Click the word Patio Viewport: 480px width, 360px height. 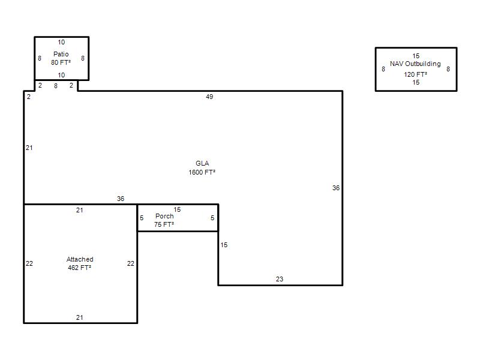(x=61, y=54)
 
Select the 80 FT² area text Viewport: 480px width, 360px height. (x=61, y=62)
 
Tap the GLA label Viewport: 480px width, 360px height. (x=202, y=163)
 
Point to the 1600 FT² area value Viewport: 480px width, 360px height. (x=202, y=172)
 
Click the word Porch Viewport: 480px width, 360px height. (x=164, y=216)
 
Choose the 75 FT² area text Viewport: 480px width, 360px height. (x=164, y=224)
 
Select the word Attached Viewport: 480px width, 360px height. (x=80, y=259)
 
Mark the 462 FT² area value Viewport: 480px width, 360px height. (x=80, y=268)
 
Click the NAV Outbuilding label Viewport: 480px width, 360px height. (x=415, y=64)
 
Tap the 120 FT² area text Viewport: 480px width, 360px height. (x=415, y=74)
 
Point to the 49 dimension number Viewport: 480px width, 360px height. (x=209, y=97)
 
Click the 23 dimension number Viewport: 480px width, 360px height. (x=280, y=279)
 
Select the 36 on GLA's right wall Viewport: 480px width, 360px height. (x=336, y=188)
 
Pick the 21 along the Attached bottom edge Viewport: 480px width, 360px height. (x=80, y=318)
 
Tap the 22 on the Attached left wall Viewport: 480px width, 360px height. (x=29, y=263)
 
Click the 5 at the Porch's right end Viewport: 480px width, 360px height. (x=212, y=218)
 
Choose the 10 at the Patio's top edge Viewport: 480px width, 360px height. (x=61, y=42)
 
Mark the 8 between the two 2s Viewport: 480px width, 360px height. (x=56, y=86)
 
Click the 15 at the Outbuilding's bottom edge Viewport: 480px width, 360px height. (x=416, y=82)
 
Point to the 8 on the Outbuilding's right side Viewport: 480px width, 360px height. (x=448, y=69)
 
